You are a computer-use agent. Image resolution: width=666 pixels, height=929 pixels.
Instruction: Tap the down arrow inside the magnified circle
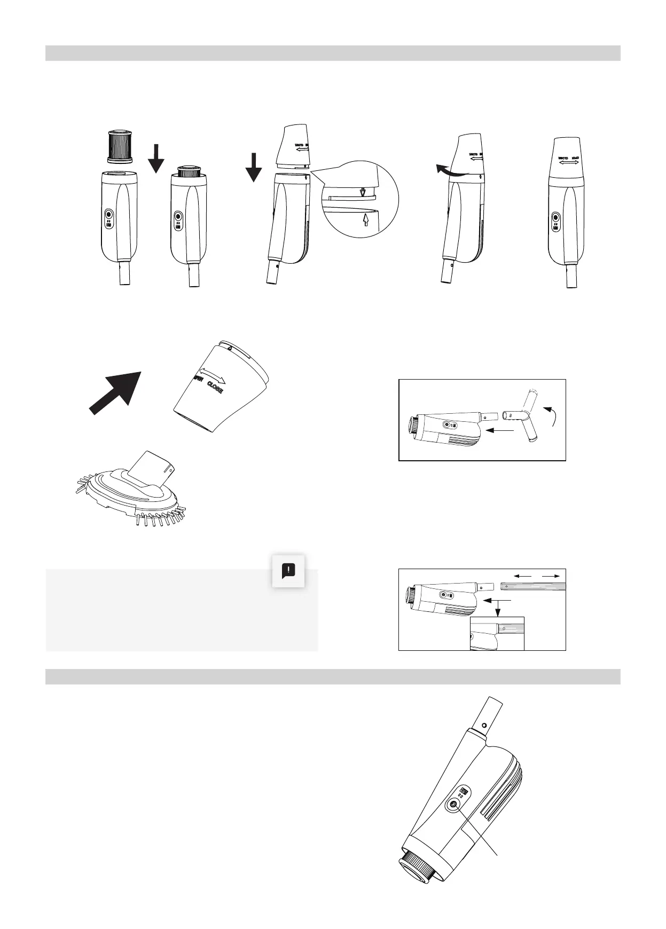pyautogui.click(x=363, y=191)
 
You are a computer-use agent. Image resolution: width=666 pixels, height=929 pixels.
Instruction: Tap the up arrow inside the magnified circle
pyautogui.click(x=366, y=219)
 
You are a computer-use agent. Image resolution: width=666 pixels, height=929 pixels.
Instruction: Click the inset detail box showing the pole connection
pyautogui.click(x=497, y=633)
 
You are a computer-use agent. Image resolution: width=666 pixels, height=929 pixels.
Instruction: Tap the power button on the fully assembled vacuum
pyautogui.click(x=555, y=217)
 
